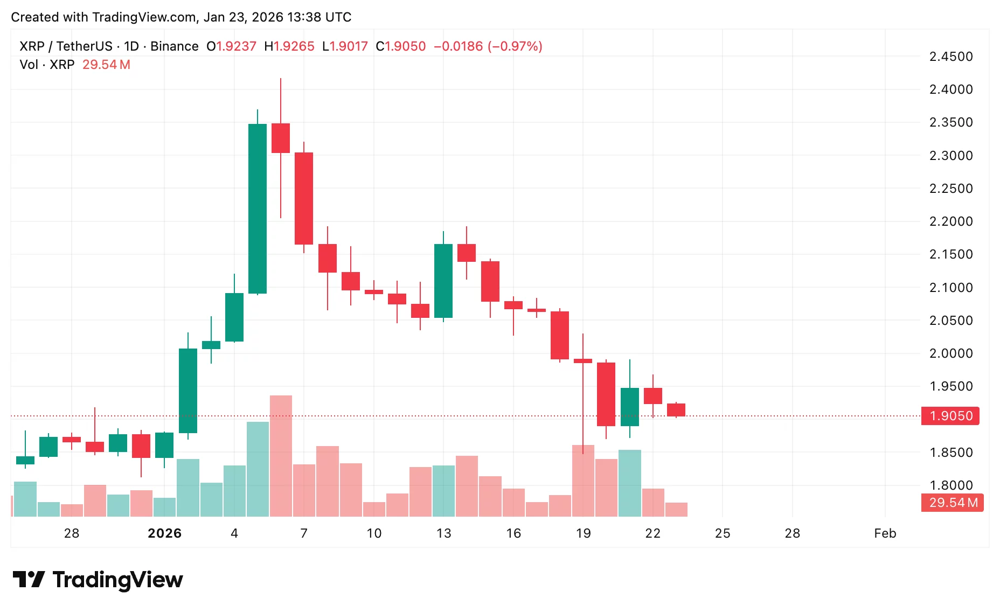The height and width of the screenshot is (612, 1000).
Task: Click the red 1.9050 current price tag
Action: (x=950, y=416)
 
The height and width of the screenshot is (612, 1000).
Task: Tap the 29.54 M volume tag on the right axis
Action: (x=953, y=503)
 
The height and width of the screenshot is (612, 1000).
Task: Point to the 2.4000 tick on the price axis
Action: (x=951, y=89)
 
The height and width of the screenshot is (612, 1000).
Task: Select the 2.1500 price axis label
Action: (x=951, y=254)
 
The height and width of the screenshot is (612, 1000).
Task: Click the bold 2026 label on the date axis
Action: (x=164, y=533)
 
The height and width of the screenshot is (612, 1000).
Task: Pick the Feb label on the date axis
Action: (x=885, y=533)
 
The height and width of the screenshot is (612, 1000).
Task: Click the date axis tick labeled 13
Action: (x=443, y=533)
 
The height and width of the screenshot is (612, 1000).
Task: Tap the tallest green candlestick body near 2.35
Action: (x=258, y=209)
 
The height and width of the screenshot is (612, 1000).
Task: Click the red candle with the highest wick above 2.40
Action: (x=281, y=138)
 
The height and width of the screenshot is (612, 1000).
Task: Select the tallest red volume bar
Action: (x=281, y=456)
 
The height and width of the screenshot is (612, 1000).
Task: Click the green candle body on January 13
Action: (x=443, y=281)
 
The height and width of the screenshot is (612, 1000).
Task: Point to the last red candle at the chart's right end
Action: (x=676, y=410)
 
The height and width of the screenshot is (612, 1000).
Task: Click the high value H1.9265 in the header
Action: (x=289, y=46)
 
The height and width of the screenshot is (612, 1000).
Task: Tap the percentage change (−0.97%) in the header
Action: (x=515, y=46)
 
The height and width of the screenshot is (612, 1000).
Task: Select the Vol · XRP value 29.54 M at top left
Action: (x=106, y=65)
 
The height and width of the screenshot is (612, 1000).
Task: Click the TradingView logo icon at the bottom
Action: (x=29, y=580)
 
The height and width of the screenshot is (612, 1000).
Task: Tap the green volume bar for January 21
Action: (x=630, y=483)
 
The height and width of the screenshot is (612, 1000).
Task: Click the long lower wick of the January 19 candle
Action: (x=583, y=409)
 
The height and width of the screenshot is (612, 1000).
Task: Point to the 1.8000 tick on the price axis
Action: (x=951, y=485)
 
